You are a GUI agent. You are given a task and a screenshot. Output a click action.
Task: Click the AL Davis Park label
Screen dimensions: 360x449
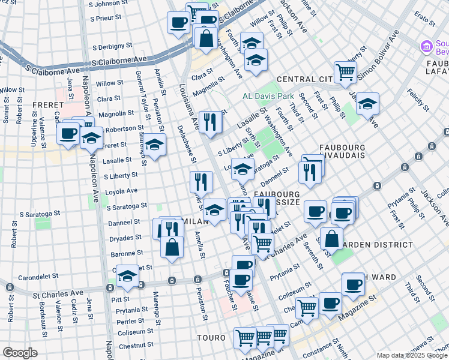(x=268, y=96)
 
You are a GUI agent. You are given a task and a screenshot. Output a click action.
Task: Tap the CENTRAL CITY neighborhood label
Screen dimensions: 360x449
(x=304, y=79)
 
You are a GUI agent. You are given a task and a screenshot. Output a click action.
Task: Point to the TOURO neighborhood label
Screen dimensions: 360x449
(x=211, y=338)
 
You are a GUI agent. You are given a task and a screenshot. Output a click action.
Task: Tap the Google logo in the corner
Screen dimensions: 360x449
(x=20, y=353)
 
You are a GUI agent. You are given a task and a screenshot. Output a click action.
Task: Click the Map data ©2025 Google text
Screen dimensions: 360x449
(x=412, y=355)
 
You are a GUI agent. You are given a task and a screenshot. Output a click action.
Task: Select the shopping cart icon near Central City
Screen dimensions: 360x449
(x=345, y=73)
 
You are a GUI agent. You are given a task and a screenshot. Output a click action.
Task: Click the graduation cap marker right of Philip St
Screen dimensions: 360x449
(x=367, y=104)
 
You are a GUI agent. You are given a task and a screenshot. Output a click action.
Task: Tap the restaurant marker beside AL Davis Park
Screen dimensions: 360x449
(x=209, y=121)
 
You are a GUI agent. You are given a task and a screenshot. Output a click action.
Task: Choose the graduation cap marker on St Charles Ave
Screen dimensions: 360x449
(x=127, y=276)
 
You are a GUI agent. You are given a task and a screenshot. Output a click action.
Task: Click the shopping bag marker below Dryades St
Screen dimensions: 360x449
(x=172, y=247)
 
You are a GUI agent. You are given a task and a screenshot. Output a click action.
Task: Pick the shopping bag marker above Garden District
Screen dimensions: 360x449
(x=331, y=238)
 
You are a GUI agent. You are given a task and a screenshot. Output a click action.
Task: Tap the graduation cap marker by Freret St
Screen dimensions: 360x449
(x=154, y=145)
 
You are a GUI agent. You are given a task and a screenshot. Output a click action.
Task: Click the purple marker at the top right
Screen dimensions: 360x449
(x=427, y=46)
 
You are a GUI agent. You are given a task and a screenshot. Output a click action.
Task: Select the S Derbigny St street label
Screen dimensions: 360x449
(x=113, y=46)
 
